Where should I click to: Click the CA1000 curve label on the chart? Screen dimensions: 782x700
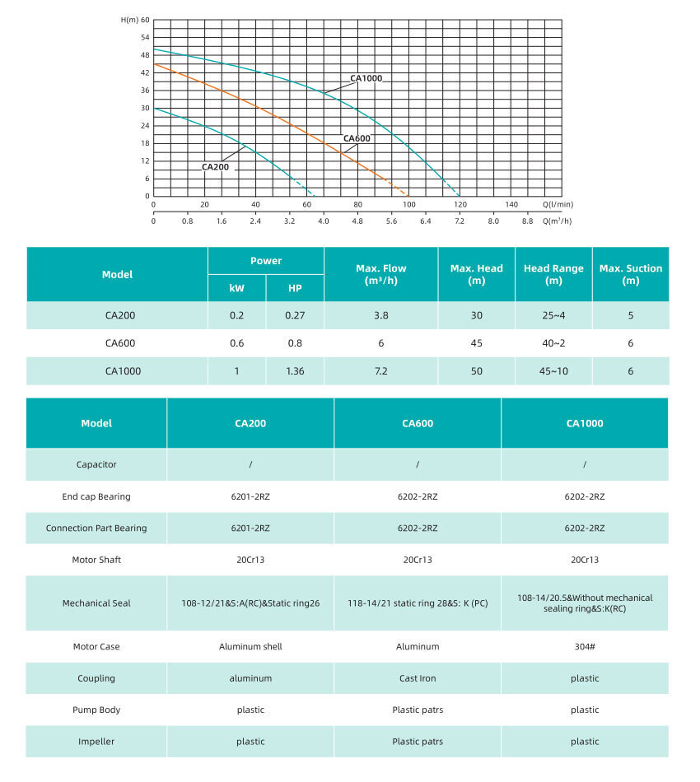(x=366, y=79)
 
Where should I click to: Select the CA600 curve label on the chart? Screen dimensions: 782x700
(x=357, y=138)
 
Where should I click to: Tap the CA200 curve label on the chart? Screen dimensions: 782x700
(x=216, y=167)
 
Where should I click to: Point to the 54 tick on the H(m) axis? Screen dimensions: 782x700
(x=145, y=37)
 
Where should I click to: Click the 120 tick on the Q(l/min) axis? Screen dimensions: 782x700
(x=460, y=205)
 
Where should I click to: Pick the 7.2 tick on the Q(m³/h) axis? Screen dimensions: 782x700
(x=460, y=221)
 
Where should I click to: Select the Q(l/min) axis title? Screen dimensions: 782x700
(x=558, y=205)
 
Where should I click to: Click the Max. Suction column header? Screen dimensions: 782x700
(x=630, y=274)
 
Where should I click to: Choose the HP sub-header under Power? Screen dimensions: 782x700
(x=295, y=288)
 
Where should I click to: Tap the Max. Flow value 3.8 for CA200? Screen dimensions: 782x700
(x=380, y=316)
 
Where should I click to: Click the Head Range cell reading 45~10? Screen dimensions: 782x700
(x=553, y=371)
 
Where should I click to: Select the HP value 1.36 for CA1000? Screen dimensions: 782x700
(x=295, y=371)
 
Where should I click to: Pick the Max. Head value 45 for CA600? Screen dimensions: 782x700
(x=476, y=343)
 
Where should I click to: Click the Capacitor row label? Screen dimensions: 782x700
(x=96, y=464)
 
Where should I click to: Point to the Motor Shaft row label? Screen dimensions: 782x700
(x=96, y=560)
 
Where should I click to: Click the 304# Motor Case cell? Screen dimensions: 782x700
(x=585, y=647)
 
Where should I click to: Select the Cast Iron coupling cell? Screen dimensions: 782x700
(x=418, y=679)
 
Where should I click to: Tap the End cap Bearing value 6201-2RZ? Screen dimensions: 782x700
(x=250, y=496)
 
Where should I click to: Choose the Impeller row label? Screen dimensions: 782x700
(x=96, y=742)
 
